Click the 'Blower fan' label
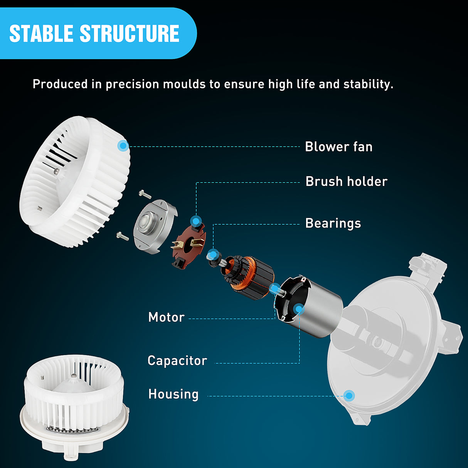[338, 147]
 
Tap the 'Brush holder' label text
[346, 182]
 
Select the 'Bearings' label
[333, 223]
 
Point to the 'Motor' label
[167, 317]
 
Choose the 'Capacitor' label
[177, 361]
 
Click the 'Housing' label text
[173, 394]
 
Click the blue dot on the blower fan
[123, 145]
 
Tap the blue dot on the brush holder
[196, 221]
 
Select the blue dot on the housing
[349, 396]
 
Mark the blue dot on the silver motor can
[299, 309]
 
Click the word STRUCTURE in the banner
[130, 34]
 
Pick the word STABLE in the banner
[41, 34]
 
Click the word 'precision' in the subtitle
[132, 84]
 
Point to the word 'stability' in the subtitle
[368, 84]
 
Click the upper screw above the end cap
[145, 194]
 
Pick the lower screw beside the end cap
[123, 236]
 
